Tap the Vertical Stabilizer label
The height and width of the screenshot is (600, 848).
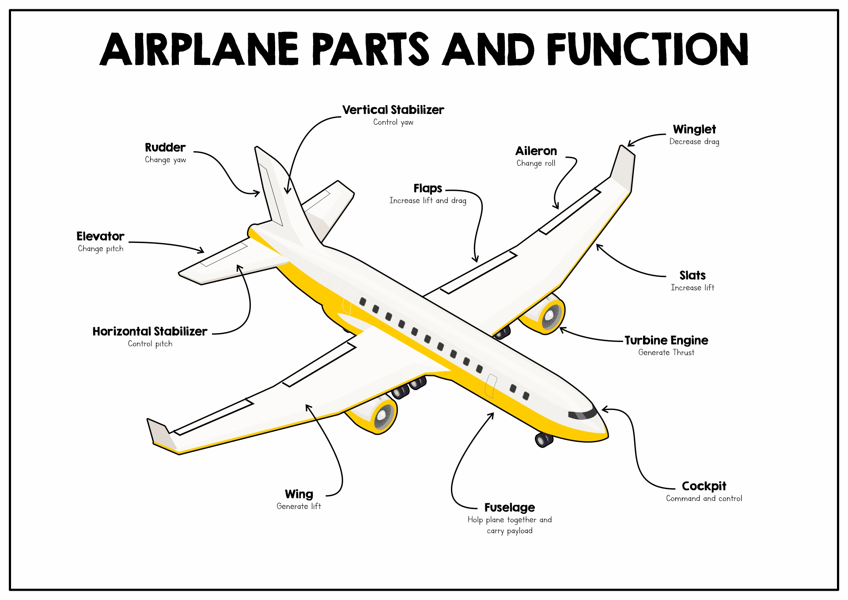[393, 110]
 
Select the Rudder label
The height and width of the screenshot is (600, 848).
[165, 148]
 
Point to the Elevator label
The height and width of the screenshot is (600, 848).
[100, 236]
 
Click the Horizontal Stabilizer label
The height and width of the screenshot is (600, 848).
[150, 331]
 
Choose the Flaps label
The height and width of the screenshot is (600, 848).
[428, 189]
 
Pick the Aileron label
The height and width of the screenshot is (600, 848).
[536, 151]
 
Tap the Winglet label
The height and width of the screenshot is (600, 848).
[694, 129]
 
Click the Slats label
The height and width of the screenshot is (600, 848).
[692, 276]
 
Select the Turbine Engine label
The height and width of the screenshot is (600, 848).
[666, 341]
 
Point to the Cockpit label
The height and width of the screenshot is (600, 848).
[704, 486]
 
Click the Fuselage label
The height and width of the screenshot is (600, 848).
[509, 508]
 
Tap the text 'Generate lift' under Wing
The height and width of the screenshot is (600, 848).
[299, 506]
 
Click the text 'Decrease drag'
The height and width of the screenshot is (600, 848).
[694, 142]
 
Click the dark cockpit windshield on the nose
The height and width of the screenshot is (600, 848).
[582, 415]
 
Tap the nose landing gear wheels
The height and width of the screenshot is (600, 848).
[544, 440]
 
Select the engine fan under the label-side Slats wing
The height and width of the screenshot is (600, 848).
[552, 315]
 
